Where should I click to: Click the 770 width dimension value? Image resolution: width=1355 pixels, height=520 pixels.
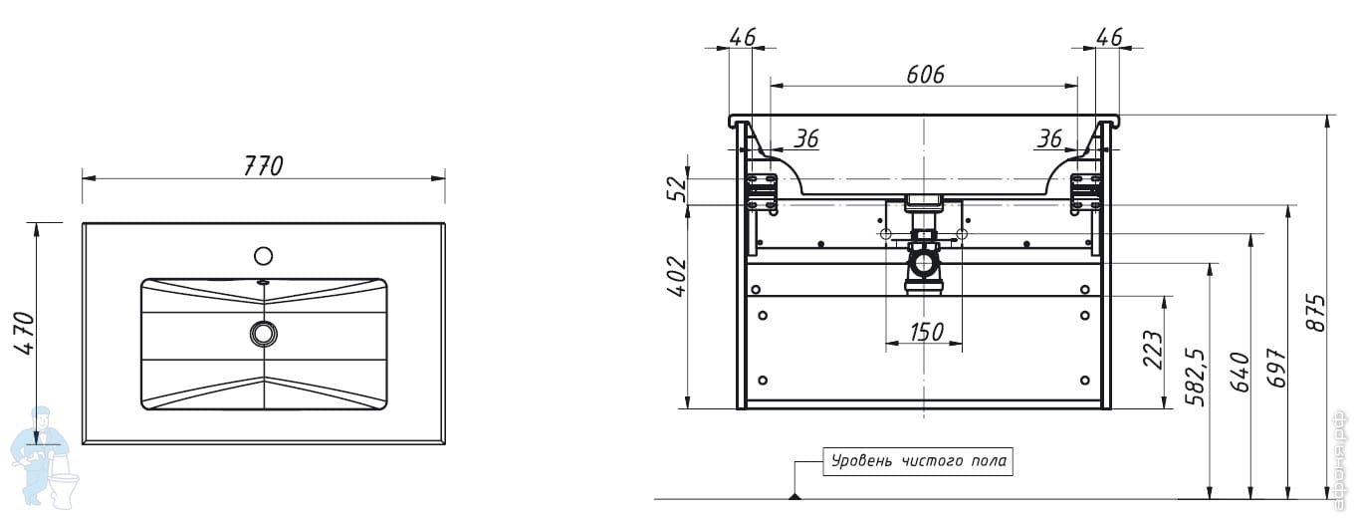click(x=264, y=165)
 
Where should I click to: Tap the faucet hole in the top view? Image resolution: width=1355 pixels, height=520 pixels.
click(x=263, y=256)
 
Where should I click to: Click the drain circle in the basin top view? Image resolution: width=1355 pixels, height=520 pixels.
click(x=264, y=333)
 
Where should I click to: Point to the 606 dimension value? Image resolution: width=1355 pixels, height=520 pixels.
click(x=925, y=74)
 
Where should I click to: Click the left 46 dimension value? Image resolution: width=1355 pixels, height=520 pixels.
click(x=742, y=38)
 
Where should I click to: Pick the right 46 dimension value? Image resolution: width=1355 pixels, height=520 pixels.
click(x=1108, y=38)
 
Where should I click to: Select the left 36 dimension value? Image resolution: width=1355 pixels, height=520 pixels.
click(x=805, y=139)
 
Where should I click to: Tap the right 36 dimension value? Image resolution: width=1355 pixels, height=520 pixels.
click(x=1048, y=139)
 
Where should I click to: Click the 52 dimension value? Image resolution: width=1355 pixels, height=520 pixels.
click(x=677, y=188)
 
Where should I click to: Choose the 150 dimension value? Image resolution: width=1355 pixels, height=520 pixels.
click(x=925, y=332)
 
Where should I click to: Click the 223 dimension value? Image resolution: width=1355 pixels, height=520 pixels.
click(x=1153, y=350)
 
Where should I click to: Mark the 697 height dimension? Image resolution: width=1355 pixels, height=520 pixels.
click(x=1277, y=369)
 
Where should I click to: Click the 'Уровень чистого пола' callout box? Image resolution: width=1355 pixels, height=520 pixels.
click(x=917, y=461)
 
